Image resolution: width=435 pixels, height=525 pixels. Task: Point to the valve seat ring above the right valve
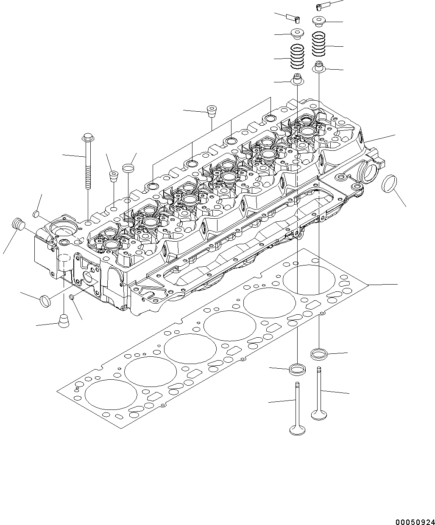pyautogui.click(x=318, y=353)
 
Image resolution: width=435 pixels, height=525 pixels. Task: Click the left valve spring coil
pyautogui.click(x=297, y=57)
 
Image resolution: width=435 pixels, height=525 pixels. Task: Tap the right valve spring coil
pyautogui.click(x=319, y=44)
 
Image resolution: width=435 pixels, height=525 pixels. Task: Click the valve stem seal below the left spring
pyautogui.click(x=296, y=79)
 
